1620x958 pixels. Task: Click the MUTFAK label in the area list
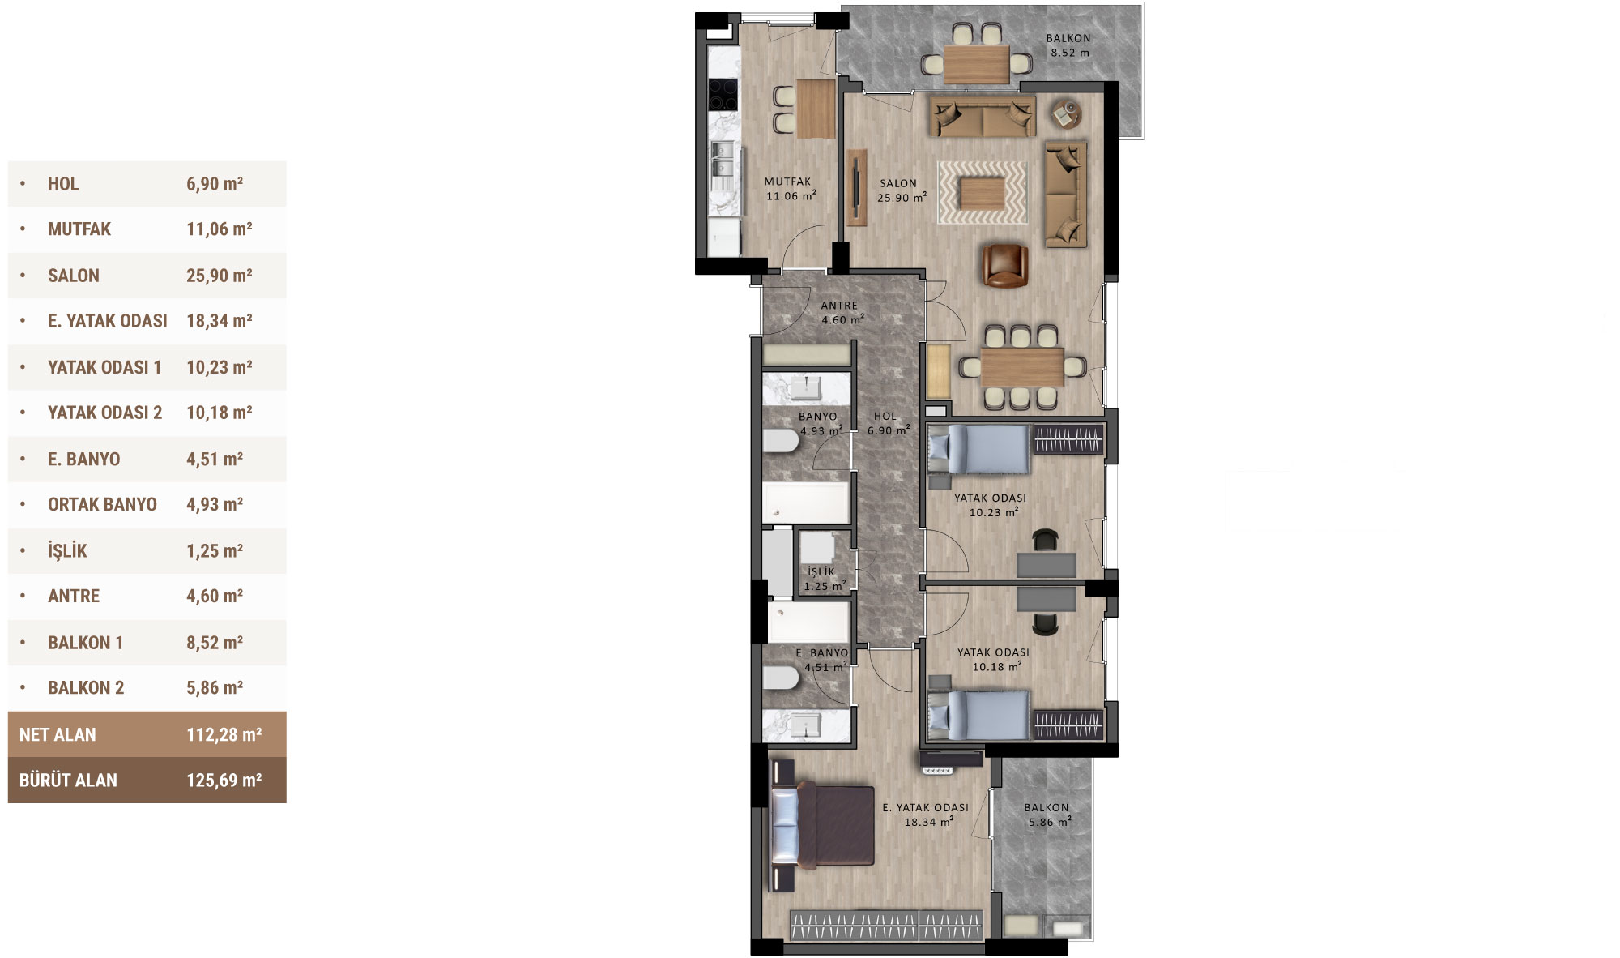pos(79,229)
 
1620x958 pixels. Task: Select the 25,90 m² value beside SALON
pos(219,276)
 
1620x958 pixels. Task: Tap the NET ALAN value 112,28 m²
pos(224,735)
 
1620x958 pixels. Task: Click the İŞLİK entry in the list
pos(67,551)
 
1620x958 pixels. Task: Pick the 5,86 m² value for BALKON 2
pos(215,688)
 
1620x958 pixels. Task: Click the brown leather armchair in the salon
pos(1004,265)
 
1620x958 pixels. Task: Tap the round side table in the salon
pos(1066,114)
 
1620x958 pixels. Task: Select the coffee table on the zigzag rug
pos(983,193)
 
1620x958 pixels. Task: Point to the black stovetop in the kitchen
pos(723,94)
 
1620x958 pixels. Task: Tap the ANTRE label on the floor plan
pos(839,306)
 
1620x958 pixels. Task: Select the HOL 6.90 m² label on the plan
pos(887,424)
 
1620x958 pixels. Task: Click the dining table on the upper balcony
pos(977,63)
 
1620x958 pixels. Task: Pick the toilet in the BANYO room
pos(781,442)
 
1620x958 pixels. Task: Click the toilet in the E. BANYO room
pos(781,678)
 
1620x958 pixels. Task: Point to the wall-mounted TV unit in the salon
pos(856,187)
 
